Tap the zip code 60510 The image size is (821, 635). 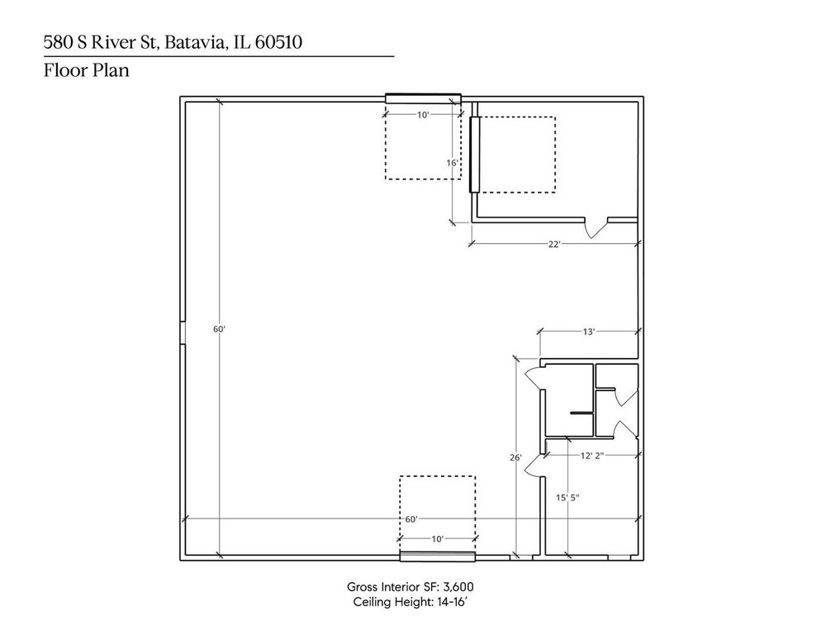click(278, 42)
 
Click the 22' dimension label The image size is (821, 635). click(554, 244)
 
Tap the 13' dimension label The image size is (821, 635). click(589, 332)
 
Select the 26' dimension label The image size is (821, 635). click(515, 457)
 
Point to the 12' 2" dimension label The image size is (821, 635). click(592, 456)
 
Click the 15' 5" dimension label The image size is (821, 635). click(567, 498)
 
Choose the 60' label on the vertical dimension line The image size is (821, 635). click(219, 329)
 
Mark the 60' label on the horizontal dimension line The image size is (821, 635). click(411, 519)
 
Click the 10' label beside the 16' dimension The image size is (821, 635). click(423, 115)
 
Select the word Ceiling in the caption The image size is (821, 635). click(373, 602)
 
